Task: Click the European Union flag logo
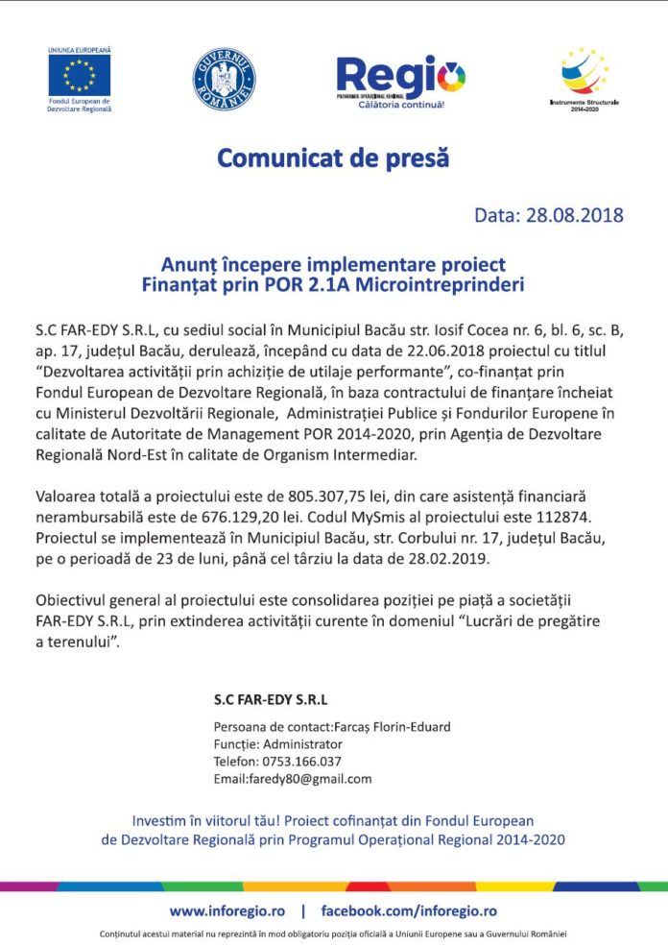(x=80, y=74)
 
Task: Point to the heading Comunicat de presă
(x=333, y=158)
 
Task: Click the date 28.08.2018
(x=575, y=214)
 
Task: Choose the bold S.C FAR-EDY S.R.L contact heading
(x=270, y=699)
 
